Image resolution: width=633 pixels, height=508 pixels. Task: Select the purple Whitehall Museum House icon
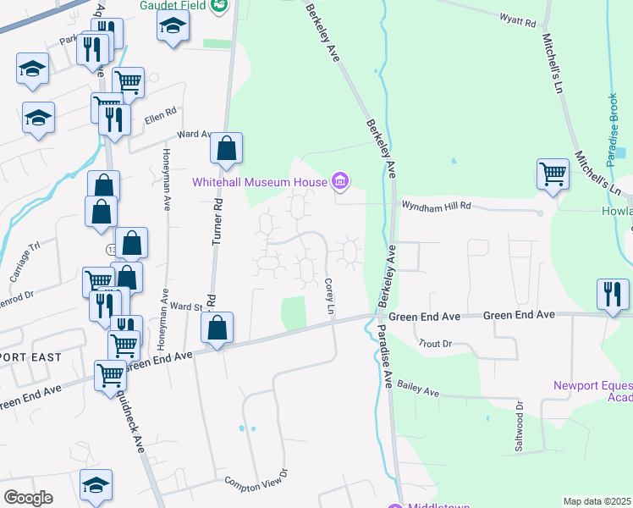(x=340, y=180)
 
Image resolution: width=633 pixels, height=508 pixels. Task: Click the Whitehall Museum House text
(x=261, y=181)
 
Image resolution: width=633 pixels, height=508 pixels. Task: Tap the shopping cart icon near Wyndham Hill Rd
(x=553, y=174)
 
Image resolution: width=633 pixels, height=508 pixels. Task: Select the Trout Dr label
(x=436, y=344)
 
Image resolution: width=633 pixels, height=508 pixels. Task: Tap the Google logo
(x=28, y=498)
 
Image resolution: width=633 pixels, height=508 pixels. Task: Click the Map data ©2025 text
(x=597, y=501)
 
